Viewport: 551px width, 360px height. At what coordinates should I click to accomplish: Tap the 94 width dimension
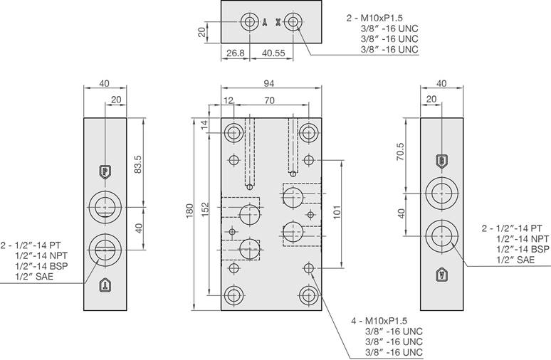(x=270, y=83)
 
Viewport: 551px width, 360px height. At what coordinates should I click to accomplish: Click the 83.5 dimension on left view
(x=139, y=164)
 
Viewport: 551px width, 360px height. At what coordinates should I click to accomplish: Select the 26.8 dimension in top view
(x=235, y=53)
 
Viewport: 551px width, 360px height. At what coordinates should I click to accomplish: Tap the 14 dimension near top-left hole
(x=204, y=125)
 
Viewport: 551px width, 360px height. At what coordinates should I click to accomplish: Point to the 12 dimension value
(x=228, y=100)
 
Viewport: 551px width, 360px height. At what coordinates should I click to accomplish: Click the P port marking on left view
(x=105, y=171)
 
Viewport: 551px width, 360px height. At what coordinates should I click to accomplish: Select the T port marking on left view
(x=105, y=286)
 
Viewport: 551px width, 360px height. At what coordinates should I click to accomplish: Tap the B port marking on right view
(x=441, y=161)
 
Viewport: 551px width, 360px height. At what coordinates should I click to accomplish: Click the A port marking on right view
(x=441, y=274)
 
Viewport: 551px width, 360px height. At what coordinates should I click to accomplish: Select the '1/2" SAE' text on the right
(x=515, y=260)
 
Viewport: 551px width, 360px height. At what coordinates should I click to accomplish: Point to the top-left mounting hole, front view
(x=233, y=132)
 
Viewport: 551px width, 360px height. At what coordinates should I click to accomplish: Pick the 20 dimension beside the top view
(x=202, y=32)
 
